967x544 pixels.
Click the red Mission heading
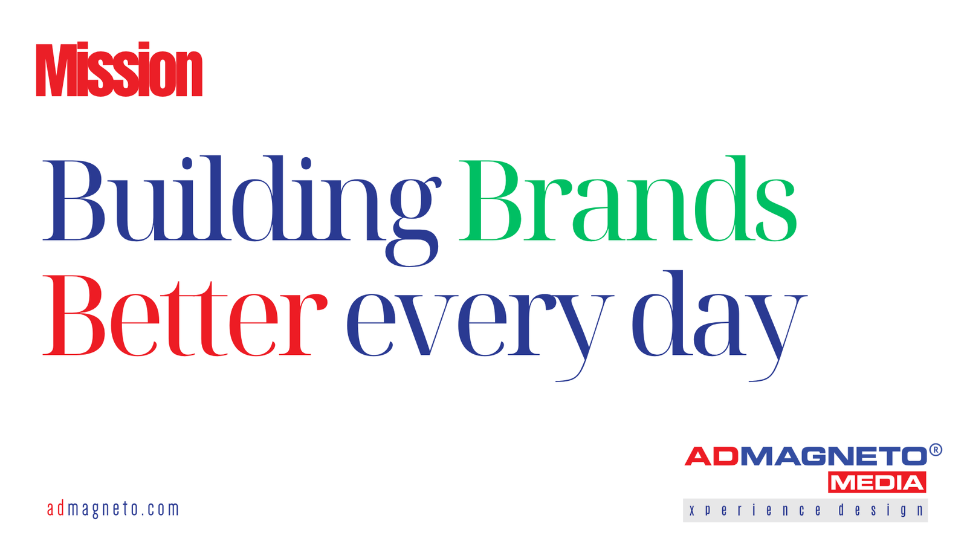click(119, 69)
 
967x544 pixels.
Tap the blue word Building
click(242, 211)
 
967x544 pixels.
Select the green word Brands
click(628, 198)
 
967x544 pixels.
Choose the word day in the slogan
click(719, 326)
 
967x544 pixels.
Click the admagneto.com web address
click(112, 509)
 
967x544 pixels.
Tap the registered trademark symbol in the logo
click(935, 450)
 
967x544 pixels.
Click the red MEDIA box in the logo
click(877, 482)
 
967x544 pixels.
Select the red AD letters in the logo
click(713, 456)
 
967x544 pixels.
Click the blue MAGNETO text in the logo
click(834, 456)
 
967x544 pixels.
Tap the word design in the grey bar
click(881, 510)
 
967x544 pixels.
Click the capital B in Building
click(73, 200)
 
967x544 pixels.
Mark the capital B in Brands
click(490, 200)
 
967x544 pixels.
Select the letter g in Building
click(413, 222)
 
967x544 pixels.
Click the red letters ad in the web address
click(56, 509)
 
